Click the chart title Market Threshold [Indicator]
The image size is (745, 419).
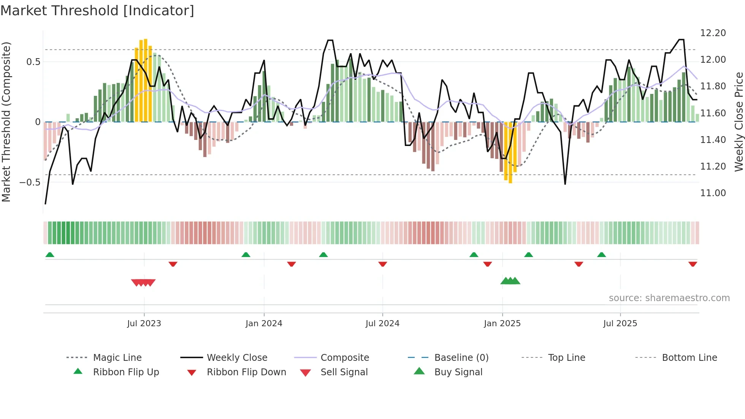[x=97, y=11]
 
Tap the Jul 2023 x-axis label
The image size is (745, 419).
[x=144, y=323]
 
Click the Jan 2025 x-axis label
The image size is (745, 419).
[x=502, y=323]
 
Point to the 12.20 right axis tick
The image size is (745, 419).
[x=713, y=33]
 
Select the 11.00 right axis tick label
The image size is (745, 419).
[x=713, y=193]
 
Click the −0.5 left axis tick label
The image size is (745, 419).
[x=30, y=183]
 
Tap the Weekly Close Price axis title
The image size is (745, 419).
[x=738, y=122]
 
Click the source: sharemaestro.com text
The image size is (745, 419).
[x=669, y=298]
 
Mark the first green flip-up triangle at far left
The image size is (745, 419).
[x=50, y=255]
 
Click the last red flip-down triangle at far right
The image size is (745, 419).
[x=693, y=264]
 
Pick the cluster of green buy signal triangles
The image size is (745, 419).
[x=510, y=281]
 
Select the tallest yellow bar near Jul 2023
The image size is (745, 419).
[x=146, y=80]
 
